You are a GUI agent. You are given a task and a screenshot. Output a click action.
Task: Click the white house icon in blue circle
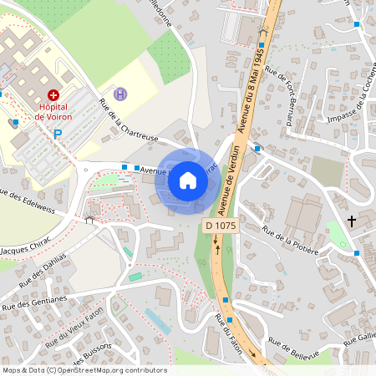coord(188,180)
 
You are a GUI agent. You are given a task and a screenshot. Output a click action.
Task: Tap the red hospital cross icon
coord(53,96)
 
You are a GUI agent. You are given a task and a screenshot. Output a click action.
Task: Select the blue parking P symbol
coord(58,134)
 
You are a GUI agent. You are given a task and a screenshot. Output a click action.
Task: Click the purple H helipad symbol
coord(121,94)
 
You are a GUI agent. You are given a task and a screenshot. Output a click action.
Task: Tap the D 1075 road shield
coord(219,226)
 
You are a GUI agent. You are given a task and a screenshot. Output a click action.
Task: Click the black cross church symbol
coord(352,221)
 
